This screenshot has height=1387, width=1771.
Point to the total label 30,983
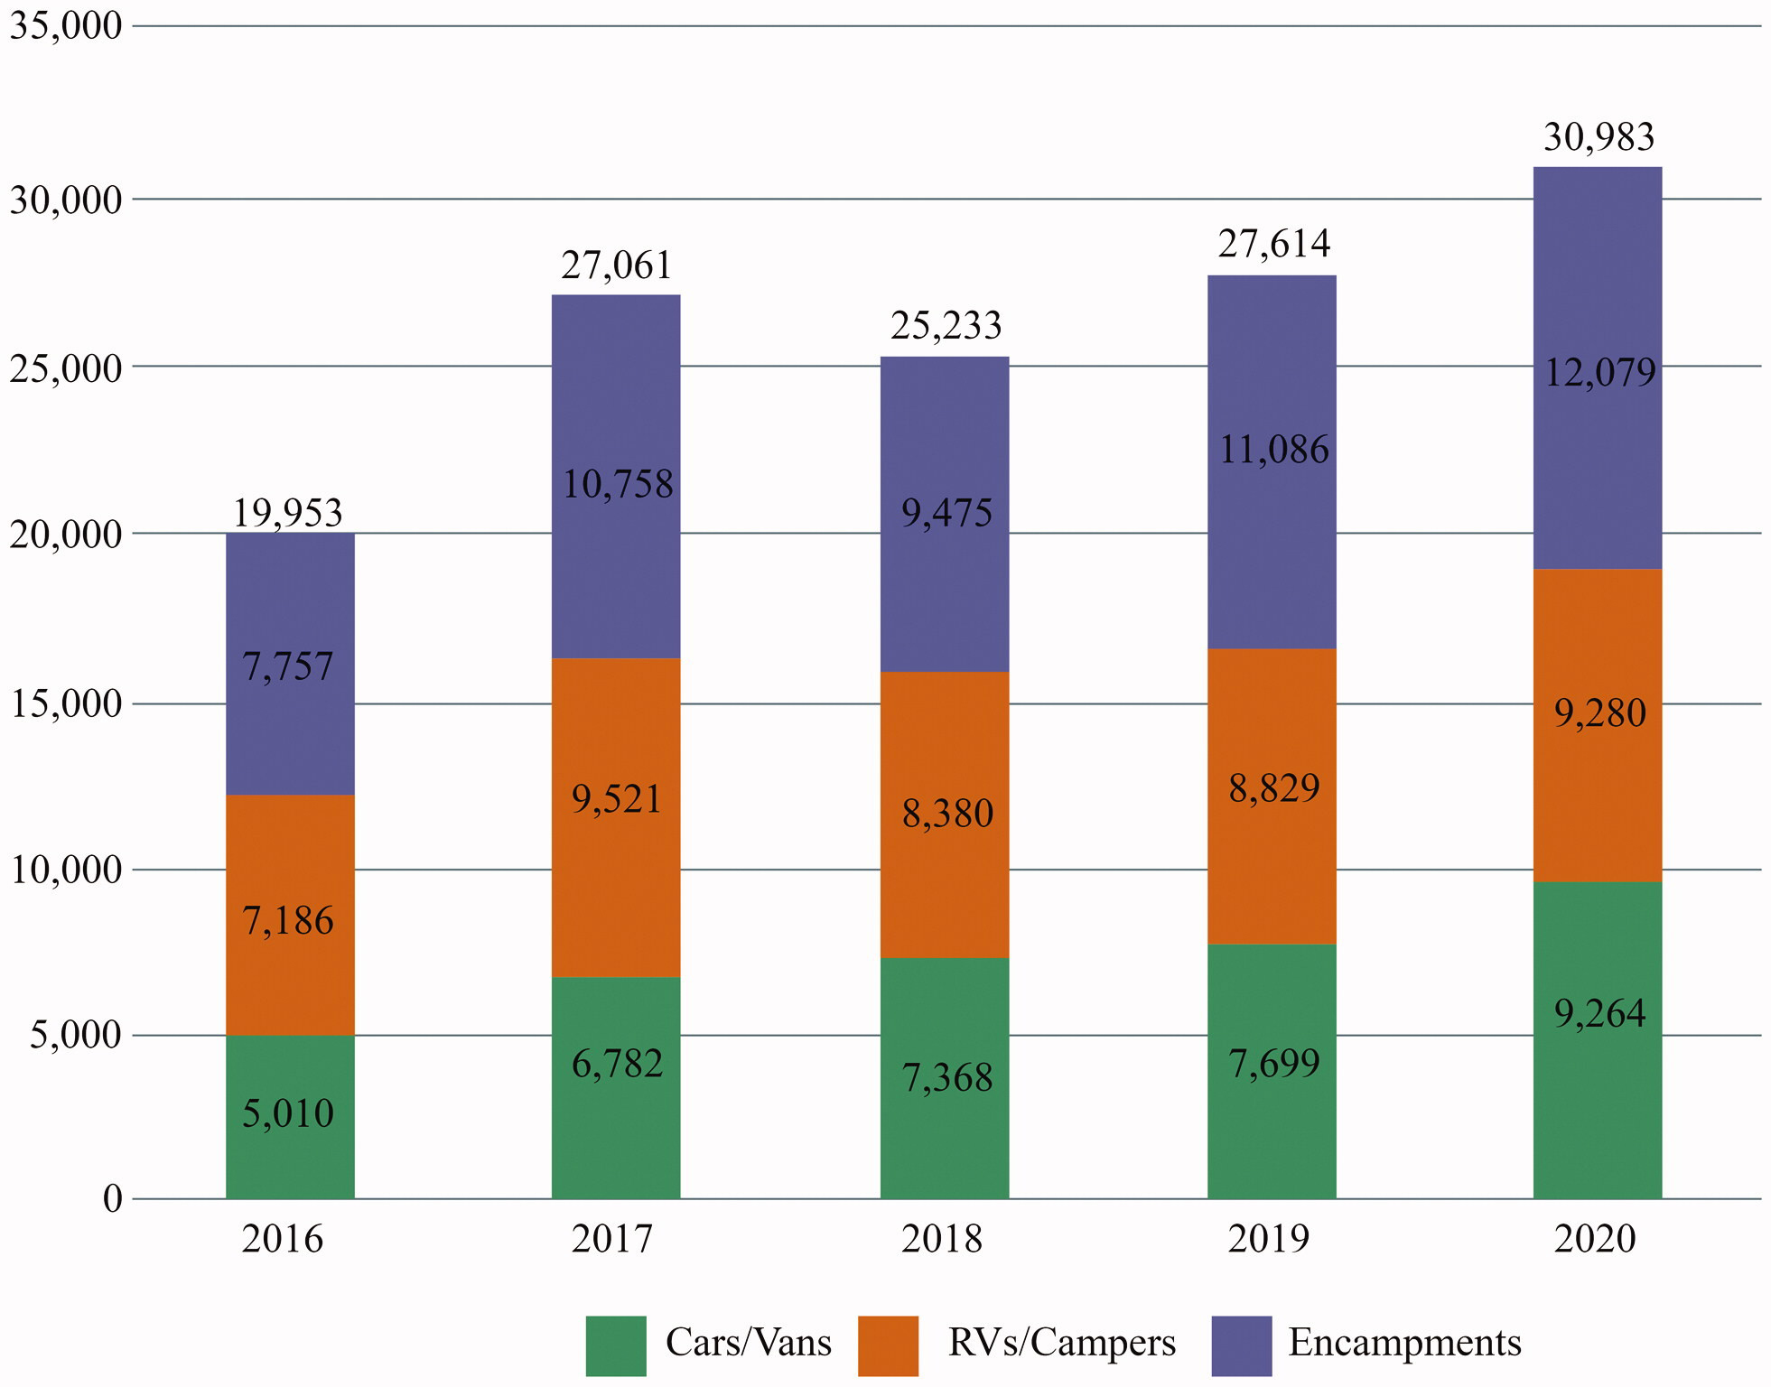[1599, 137]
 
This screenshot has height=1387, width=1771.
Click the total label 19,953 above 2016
[288, 513]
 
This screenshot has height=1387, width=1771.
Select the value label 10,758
[618, 484]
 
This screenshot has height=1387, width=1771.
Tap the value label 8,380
[947, 814]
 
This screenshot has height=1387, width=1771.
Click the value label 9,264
[1599, 1013]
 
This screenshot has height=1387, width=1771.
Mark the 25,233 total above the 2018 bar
[946, 325]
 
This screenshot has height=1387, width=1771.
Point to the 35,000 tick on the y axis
[65, 25]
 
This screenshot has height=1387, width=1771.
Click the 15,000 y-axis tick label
[65, 703]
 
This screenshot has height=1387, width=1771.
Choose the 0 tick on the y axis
[112, 1199]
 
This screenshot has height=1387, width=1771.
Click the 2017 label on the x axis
[611, 1238]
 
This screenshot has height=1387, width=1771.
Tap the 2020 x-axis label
[1594, 1238]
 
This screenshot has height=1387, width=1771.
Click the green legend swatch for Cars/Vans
[615, 1345]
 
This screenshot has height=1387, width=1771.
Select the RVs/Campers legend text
[1061, 1343]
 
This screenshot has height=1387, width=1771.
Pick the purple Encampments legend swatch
[1241, 1345]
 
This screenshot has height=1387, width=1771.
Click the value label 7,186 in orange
[288, 920]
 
